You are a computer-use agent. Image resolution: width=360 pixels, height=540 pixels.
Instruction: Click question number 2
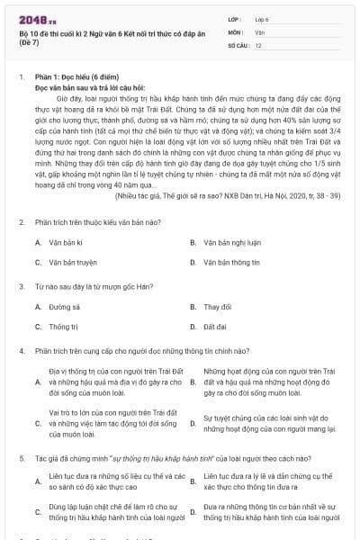[21, 221]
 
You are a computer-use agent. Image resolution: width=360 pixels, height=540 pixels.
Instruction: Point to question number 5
[21, 457]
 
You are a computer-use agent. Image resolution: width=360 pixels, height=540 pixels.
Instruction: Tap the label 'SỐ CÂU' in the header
[212, 44]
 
